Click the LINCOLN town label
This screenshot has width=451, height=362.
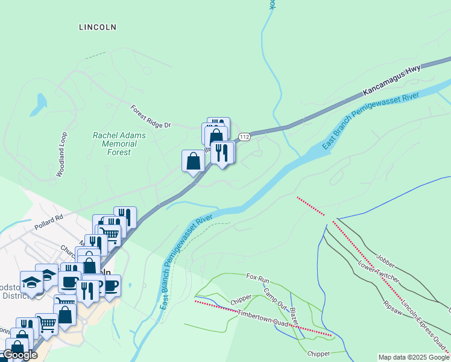[98, 27]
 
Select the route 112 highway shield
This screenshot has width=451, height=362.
[244, 138]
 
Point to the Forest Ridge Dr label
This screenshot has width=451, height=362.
[151, 117]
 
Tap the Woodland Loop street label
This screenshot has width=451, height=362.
[62, 154]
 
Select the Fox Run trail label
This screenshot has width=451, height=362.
[257, 278]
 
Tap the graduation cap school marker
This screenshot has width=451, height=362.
[31, 282]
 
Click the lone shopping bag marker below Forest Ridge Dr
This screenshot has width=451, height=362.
[193, 161]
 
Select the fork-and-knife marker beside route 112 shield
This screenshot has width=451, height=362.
[222, 153]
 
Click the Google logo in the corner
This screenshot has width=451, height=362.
[19, 355]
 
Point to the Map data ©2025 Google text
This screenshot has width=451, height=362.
[414, 357]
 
